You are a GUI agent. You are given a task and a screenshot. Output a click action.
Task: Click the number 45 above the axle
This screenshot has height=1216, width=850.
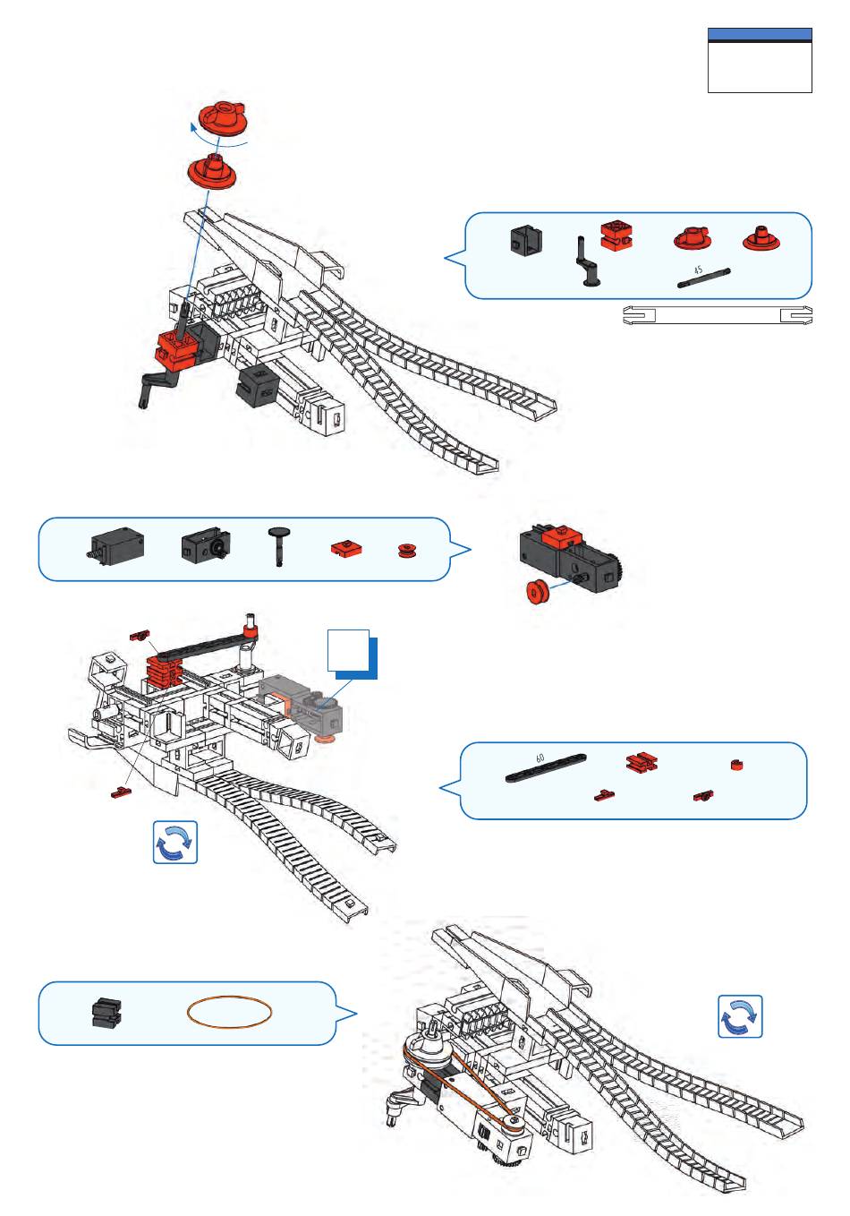[698, 270]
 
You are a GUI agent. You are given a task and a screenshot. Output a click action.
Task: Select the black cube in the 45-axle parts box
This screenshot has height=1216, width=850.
[525, 240]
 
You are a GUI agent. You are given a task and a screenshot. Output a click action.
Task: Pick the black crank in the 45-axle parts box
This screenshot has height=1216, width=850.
[587, 262]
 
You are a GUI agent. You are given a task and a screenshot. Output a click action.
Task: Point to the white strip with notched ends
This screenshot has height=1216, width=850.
[717, 315]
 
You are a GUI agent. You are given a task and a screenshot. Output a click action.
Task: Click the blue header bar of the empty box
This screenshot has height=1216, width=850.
[760, 35]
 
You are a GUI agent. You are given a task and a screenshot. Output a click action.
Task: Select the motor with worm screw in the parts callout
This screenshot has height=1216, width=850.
[117, 545]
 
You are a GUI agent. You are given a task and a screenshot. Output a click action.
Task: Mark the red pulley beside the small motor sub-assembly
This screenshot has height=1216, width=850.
[539, 593]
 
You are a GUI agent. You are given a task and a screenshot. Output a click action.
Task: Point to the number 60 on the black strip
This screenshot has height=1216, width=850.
[540, 758]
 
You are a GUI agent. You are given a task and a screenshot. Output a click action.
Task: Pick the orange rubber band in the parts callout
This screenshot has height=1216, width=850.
[229, 1013]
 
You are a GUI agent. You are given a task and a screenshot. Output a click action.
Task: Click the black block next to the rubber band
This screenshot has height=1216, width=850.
[106, 1013]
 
